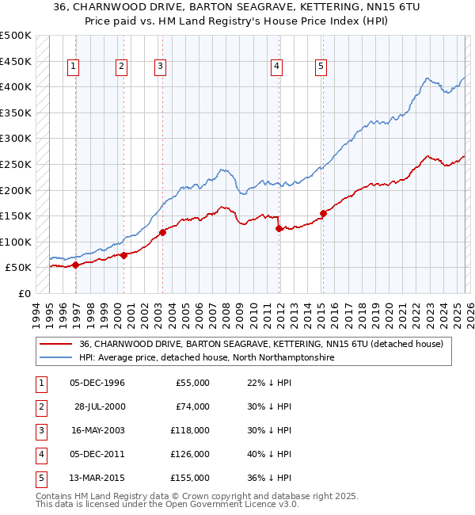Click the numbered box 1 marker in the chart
[x=73, y=67]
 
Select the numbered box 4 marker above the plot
[x=277, y=67]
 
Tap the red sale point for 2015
[x=323, y=213]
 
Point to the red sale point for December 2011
[x=279, y=228]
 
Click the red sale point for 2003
[x=162, y=232]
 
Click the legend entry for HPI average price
[x=207, y=358]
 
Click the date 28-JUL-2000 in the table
[x=98, y=406]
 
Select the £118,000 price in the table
[x=191, y=430]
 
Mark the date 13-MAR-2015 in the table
[x=98, y=478]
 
